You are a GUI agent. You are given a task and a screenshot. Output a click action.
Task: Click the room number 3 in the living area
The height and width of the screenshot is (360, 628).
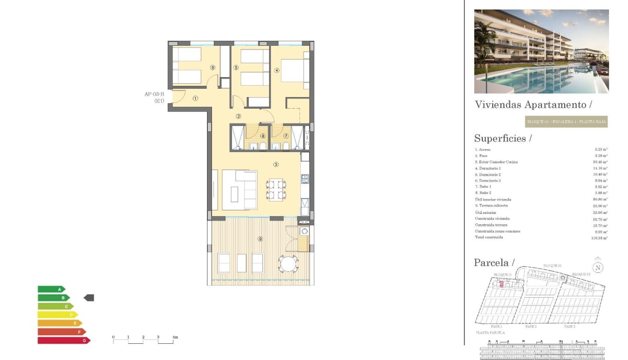pyautogui.click(x=276, y=165)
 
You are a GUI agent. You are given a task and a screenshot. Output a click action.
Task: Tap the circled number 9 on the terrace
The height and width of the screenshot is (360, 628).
pyautogui.click(x=260, y=239)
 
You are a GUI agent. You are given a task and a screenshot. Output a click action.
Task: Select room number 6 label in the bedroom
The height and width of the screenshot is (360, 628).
pyautogui.click(x=212, y=68)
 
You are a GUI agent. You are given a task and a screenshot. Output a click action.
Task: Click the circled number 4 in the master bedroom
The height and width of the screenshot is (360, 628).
pyautogui.click(x=277, y=70)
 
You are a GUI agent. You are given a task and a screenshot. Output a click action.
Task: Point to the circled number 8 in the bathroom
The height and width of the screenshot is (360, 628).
pyautogui.click(x=263, y=136)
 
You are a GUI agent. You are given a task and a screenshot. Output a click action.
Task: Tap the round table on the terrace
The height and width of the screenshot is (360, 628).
pyautogui.click(x=289, y=264)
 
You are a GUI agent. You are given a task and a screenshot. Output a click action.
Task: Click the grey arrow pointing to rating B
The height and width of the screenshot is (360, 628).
pyautogui.click(x=89, y=298)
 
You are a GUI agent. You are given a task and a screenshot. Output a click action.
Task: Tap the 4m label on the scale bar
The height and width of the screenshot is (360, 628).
pyautogui.click(x=175, y=337)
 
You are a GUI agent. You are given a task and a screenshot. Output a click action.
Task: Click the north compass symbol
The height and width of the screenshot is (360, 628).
pyautogui.click(x=598, y=267)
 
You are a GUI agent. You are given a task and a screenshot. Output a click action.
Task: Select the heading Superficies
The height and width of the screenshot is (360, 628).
pyautogui.click(x=503, y=139)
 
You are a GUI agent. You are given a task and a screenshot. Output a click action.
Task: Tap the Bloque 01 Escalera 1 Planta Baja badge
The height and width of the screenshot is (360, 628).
pyautogui.click(x=566, y=122)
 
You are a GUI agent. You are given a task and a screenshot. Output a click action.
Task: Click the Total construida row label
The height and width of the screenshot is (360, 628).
pyautogui.click(x=489, y=237)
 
